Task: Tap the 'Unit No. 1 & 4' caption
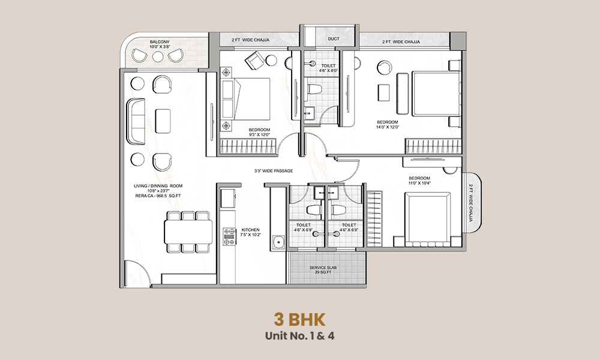tap(299, 336)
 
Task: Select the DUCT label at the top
tap(334, 40)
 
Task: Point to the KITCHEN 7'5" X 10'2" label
tap(250, 233)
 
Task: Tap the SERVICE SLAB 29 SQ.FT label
tap(326, 269)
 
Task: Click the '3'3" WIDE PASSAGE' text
tap(274, 171)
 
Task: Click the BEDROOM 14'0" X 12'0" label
tap(387, 125)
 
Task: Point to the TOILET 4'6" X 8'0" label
tap(329, 68)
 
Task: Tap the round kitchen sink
tap(278, 243)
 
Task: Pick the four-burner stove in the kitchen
tap(229, 236)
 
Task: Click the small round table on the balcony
tap(158, 56)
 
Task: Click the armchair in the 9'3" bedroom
tap(253, 59)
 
